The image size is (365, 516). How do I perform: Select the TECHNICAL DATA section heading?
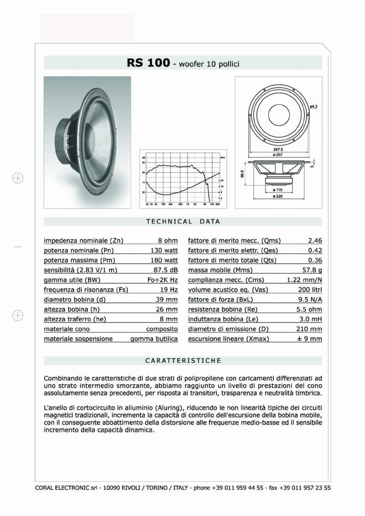183,222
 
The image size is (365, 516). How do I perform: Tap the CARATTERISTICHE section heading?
183,360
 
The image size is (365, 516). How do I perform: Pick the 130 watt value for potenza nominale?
164,250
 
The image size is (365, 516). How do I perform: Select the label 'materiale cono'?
67,329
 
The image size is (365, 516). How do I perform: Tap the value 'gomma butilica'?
154,339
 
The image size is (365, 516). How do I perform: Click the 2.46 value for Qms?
315,240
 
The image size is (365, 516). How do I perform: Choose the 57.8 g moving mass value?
313,270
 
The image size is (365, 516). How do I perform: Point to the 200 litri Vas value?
310,290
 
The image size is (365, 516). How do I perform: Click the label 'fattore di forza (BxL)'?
220,300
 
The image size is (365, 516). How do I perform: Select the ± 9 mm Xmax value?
310,339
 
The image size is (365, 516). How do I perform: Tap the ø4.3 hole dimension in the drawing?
313,106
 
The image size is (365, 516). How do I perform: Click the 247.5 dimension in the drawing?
279,149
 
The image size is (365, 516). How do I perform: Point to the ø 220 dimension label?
278,196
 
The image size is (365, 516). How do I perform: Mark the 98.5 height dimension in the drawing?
243,175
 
